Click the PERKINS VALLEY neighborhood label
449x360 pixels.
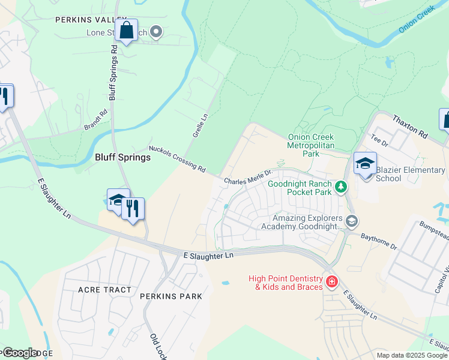[91, 20]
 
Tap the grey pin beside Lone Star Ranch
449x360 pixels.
[156, 32]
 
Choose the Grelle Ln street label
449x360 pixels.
[200, 127]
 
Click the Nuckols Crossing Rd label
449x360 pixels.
[177, 159]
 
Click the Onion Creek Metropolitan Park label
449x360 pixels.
[310, 145]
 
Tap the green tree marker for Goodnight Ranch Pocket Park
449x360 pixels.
[341, 187]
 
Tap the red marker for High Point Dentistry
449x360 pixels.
[331, 281]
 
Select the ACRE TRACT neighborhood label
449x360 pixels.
[104, 290]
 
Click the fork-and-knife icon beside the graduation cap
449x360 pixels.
[133, 209]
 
